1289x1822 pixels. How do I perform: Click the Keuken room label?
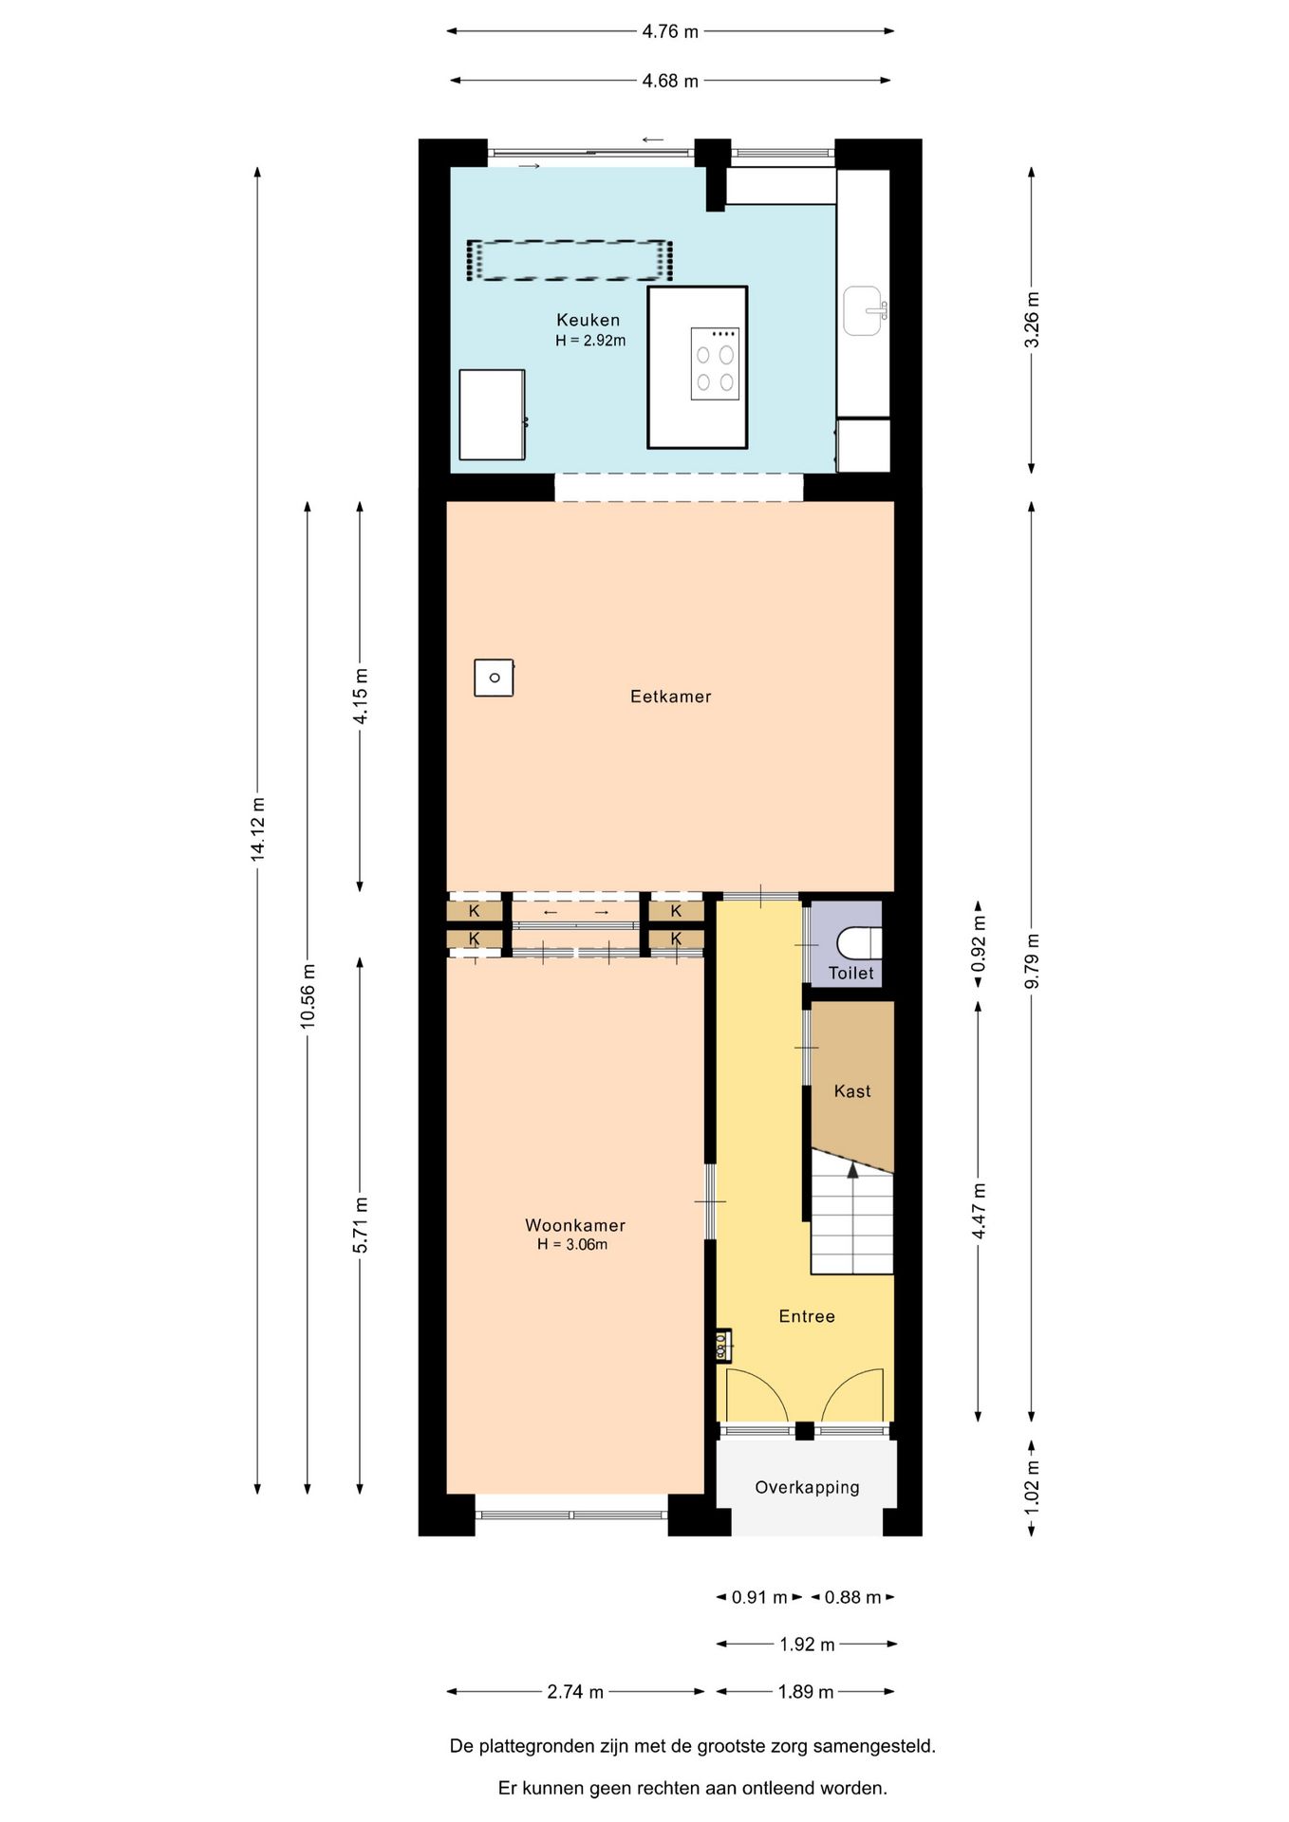click(x=588, y=320)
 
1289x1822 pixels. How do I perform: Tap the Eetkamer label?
click(x=670, y=697)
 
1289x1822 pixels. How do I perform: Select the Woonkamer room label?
click(x=575, y=1225)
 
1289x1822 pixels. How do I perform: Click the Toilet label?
click(x=850, y=973)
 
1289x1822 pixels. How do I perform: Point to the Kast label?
click(x=852, y=1091)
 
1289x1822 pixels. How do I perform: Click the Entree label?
click(x=807, y=1316)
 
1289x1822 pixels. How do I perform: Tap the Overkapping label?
click(x=807, y=1487)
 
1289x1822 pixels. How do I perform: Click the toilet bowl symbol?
click(x=860, y=943)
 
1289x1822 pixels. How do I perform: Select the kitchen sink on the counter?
click(x=865, y=311)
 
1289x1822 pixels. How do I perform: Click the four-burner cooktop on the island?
click(x=715, y=363)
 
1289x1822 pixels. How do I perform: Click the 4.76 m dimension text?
click(x=670, y=31)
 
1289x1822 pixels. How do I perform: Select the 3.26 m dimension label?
click(x=1032, y=320)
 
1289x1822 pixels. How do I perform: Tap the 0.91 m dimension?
click(x=759, y=1597)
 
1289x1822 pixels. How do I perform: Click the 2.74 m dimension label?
click(x=575, y=1691)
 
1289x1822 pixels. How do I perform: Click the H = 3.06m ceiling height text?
click(x=572, y=1244)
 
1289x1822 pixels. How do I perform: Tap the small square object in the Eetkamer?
click(x=494, y=678)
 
